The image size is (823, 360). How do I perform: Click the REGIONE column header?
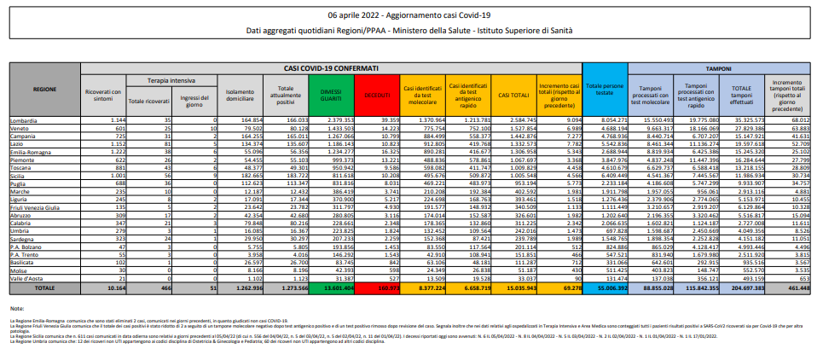[x=44, y=89]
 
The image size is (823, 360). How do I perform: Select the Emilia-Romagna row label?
[x=32, y=149]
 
